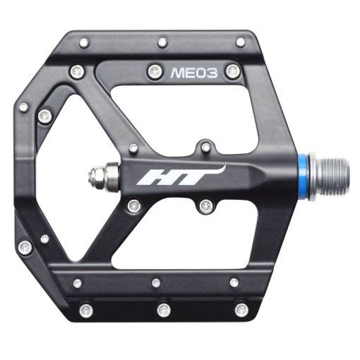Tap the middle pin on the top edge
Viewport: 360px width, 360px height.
coord(162,42)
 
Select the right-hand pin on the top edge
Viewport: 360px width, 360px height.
coord(241,42)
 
